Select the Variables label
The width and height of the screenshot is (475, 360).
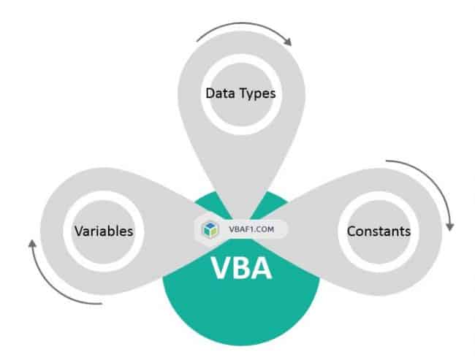[x=103, y=231]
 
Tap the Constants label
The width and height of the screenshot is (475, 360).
[x=379, y=231]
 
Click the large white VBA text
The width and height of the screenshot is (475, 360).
[x=241, y=267]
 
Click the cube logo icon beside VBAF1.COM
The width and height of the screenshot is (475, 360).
[x=210, y=229]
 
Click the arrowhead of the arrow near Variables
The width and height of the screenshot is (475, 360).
[x=32, y=242]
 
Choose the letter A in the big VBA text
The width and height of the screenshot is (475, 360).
[x=262, y=267]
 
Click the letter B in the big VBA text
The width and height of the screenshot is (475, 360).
[x=241, y=267]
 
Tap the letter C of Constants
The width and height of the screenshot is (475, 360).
[x=351, y=231]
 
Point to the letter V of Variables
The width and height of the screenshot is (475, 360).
[x=77, y=231]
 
